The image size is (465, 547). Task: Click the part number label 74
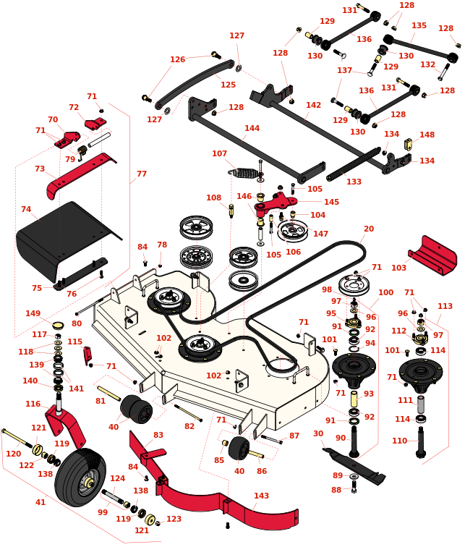point(26,210)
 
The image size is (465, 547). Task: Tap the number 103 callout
point(398,268)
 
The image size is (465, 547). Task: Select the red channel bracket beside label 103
point(433,253)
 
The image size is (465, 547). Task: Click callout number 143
point(262,496)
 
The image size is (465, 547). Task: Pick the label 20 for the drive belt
point(369,229)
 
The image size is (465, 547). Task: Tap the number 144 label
point(252,128)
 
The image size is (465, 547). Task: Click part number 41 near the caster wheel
point(40,502)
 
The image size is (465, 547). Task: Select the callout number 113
point(445,306)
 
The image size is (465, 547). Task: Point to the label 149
point(33,313)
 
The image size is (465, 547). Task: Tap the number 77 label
point(142,174)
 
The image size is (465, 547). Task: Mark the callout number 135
point(419,25)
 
